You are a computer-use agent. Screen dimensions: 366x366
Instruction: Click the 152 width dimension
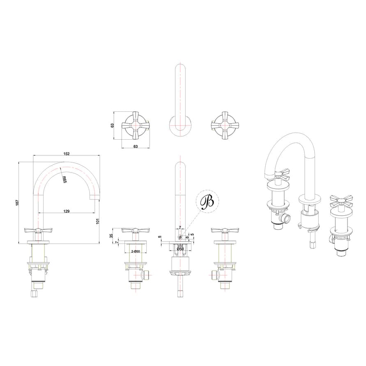(67, 154)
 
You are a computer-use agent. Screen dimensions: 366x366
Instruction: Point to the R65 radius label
(64, 179)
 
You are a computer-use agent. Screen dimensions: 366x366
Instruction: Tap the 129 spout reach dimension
(67, 211)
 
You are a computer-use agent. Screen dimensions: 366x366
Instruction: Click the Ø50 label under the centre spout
(180, 249)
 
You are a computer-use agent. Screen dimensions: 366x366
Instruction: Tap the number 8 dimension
(187, 237)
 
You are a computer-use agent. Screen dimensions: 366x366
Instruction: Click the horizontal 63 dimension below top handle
(135, 146)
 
